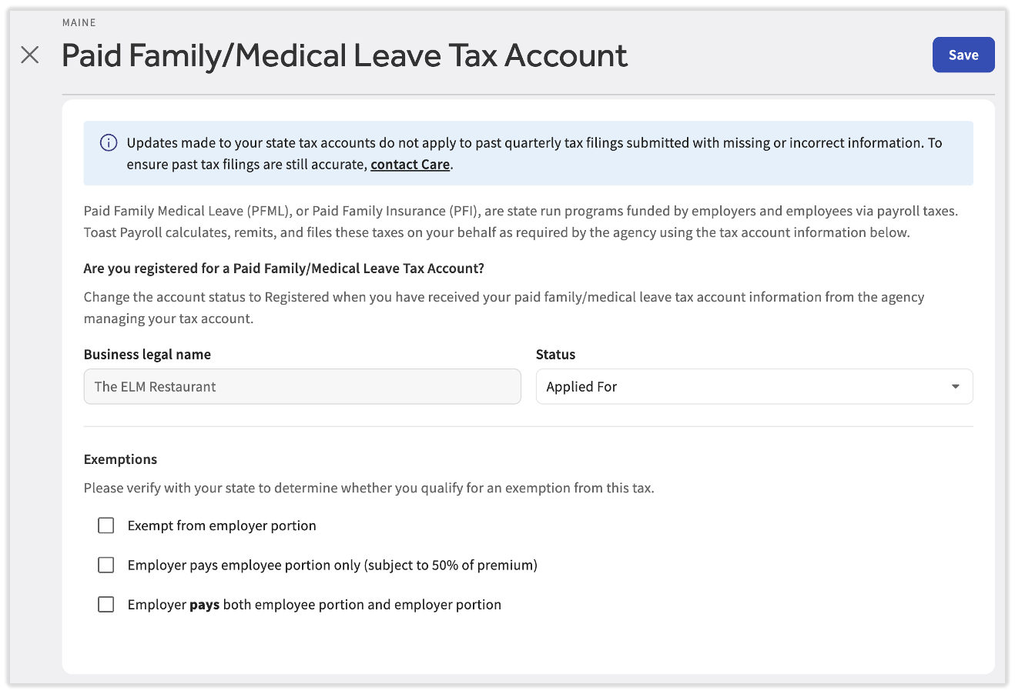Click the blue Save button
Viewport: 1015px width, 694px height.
point(963,55)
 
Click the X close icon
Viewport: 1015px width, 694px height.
point(30,55)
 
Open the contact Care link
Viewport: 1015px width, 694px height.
point(410,165)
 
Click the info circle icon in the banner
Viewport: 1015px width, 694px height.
point(109,143)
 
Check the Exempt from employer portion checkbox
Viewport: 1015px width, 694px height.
point(106,526)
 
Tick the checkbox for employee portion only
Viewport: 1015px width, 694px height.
point(106,566)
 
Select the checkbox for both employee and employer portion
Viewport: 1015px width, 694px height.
point(106,605)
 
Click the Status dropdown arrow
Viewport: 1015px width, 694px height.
point(955,387)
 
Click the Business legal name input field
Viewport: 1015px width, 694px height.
point(302,387)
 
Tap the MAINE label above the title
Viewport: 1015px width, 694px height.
point(79,23)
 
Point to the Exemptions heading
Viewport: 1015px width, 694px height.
point(120,459)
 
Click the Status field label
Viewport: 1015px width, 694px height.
point(555,355)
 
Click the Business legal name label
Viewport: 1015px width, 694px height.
point(147,355)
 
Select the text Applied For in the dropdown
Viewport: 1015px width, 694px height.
point(581,387)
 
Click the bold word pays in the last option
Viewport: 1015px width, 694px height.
point(205,605)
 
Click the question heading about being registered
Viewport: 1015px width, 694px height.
point(283,269)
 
